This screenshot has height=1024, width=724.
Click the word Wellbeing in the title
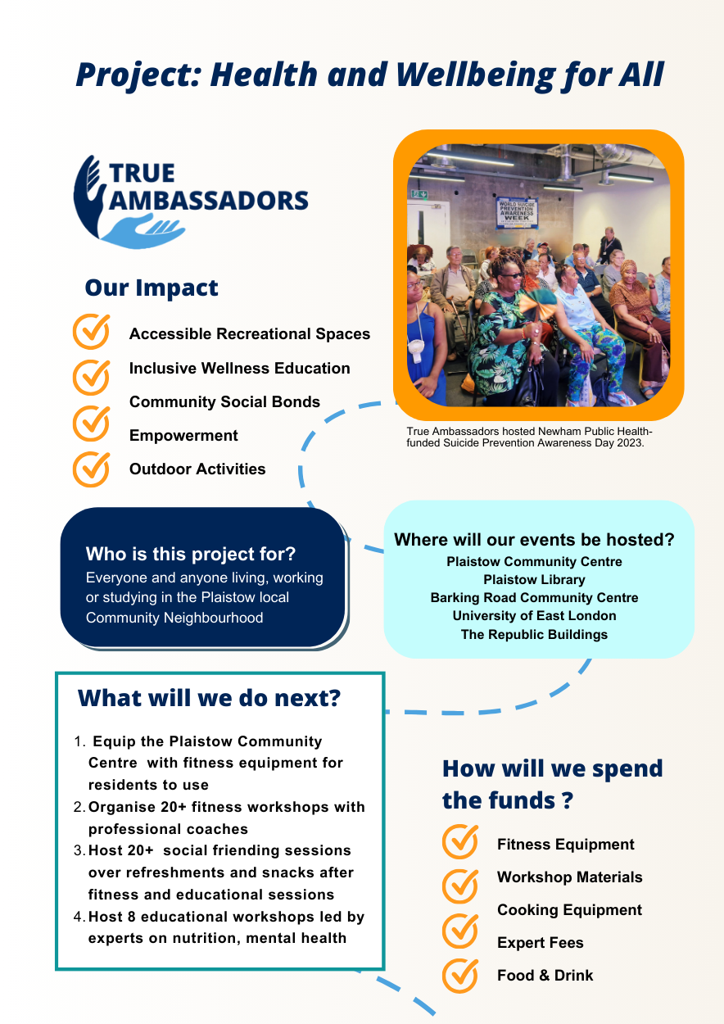tap(475, 75)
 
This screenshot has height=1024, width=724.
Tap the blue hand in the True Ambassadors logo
tap(142, 231)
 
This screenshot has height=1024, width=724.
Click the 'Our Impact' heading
tap(152, 288)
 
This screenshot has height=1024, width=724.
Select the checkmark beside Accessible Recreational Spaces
tap(92, 332)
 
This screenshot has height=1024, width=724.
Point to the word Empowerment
tap(183, 435)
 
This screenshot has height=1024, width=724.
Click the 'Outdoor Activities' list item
tap(197, 469)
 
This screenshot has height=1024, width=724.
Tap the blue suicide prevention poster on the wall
tap(517, 212)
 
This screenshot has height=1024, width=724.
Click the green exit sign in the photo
tap(419, 194)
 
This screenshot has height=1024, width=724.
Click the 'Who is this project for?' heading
tap(191, 554)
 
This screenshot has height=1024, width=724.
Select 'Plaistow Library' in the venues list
tap(534, 580)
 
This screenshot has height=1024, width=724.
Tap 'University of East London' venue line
tap(534, 616)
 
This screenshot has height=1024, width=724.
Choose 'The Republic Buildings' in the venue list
tap(534, 635)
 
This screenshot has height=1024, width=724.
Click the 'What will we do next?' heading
tap(210, 699)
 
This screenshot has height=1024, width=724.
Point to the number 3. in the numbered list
tap(79, 851)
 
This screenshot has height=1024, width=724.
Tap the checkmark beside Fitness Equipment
tap(460, 841)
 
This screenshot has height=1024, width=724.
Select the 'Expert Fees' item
tap(541, 943)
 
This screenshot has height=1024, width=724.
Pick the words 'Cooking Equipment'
tap(569, 910)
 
